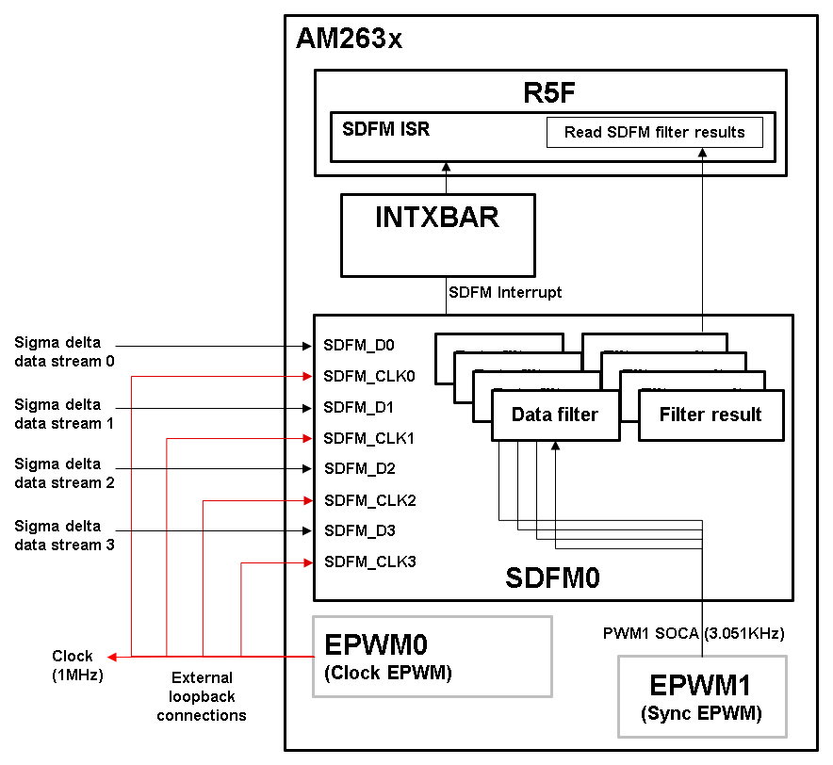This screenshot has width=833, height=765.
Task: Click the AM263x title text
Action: tap(349, 39)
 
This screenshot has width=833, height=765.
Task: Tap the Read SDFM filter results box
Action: tap(654, 132)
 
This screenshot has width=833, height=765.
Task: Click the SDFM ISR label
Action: tap(385, 129)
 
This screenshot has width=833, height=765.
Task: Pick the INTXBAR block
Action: tap(438, 234)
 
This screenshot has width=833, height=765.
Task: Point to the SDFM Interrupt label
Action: tap(506, 292)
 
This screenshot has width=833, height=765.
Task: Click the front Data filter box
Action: tap(555, 415)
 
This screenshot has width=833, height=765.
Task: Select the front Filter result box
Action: tap(710, 415)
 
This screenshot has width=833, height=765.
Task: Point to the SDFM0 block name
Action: tap(552, 577)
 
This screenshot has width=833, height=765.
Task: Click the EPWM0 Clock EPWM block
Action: tap(432, 657)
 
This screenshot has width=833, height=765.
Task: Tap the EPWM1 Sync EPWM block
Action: tap(702, 696)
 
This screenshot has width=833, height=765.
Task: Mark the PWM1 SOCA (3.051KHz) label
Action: tap(694, 633)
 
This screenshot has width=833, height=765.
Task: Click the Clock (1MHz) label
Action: tap(73, 664)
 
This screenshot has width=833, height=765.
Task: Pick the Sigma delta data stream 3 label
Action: tap(64, 535)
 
